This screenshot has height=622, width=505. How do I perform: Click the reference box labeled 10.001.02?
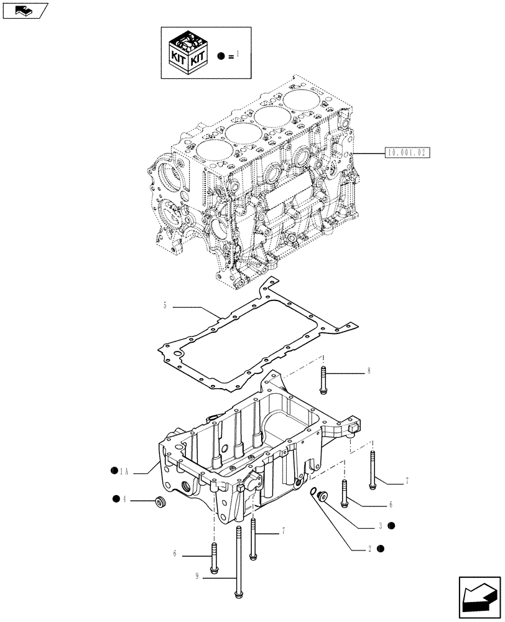[x=408, y=152]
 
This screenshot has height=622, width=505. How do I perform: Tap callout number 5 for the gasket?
[x=165, y=305]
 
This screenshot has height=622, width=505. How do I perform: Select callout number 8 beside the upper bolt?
[x=369, y=371]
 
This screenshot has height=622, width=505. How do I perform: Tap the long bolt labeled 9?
[x=239, y=560]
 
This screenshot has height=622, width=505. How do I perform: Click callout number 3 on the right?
[x=379, y=526]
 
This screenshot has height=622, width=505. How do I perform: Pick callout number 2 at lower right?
[x=369, y=549]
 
